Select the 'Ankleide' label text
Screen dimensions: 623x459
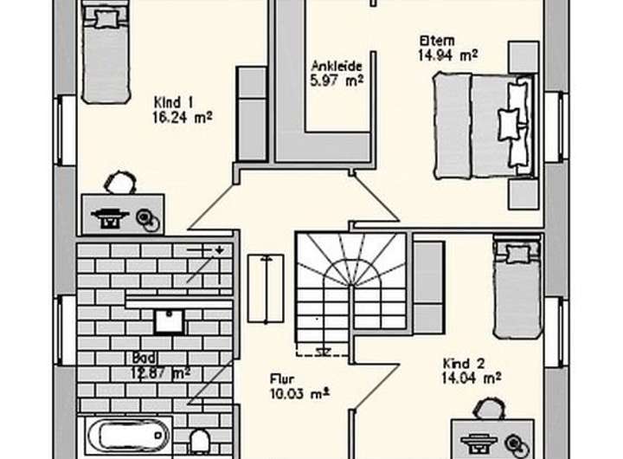(x=336, y=66)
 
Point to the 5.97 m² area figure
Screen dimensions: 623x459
(x=336, y=81)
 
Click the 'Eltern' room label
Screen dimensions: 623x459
(x=437, y=41)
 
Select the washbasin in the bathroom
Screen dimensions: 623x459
(x=169, y=320)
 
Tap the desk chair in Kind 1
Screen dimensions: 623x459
(x=119, y=183)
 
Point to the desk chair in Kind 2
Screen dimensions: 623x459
(x=491, y=409)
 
